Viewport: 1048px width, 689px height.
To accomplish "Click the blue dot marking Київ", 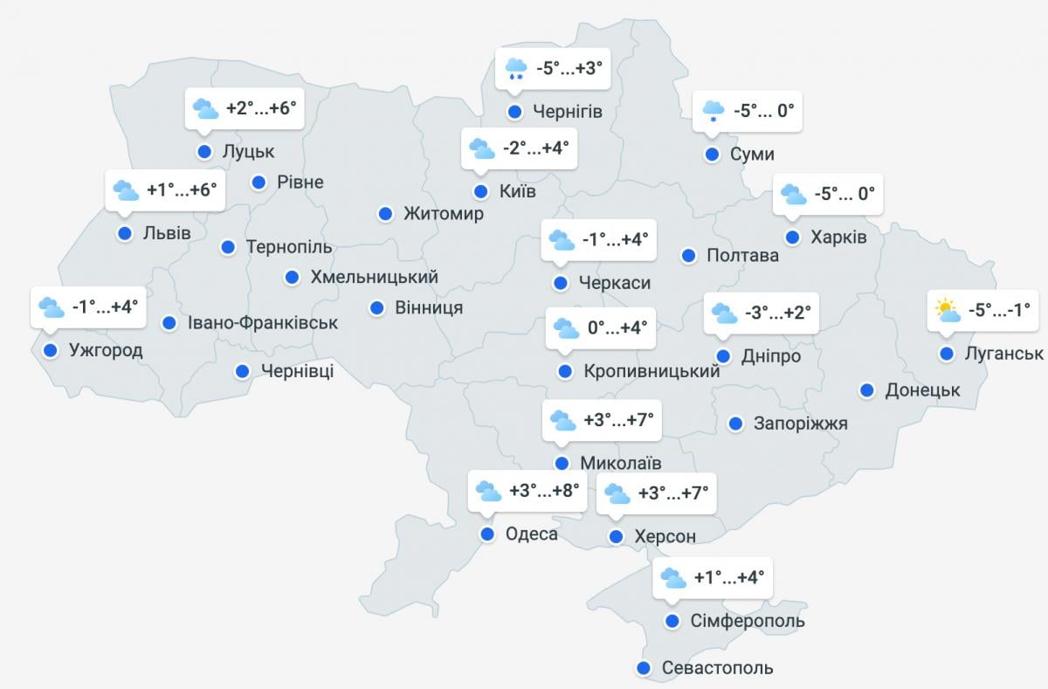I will [x=480, y=191].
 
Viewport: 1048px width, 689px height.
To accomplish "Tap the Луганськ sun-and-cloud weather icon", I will [x=947, y=310].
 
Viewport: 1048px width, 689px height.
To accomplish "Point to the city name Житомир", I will [x=443, y=214].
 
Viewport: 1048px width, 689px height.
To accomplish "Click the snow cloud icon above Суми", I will [x=714, y=112].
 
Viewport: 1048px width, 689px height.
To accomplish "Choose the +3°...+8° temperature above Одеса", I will [x=545, y=491].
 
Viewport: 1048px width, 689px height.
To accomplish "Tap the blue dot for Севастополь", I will [x=644, y=668].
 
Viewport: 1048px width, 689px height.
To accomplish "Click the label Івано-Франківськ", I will [x=262, y=323].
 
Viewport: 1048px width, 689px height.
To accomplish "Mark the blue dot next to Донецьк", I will [x=867, y=390].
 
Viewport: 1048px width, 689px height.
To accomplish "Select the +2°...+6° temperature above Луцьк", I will [x=261, y=108].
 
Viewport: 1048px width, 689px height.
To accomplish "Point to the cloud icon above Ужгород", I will [x=52, y=307].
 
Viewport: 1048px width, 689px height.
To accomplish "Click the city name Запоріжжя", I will [x=800, y=424].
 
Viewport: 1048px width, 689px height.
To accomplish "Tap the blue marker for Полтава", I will [x=688, y=256].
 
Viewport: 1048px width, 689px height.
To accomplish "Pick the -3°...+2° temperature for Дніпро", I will [x=778, y=312].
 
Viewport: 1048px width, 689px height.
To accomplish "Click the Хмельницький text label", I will [x=374, y=278].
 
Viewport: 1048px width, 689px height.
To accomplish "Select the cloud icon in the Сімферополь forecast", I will [x=673, y=578].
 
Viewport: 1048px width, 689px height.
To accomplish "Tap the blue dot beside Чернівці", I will [x=243, y=371].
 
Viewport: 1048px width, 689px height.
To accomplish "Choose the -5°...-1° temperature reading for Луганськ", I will [x=999, y=309].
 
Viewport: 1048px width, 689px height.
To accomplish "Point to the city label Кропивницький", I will [x=652, y=371].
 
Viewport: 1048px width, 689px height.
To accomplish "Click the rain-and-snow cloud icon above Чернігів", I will [x=515, y=68].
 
